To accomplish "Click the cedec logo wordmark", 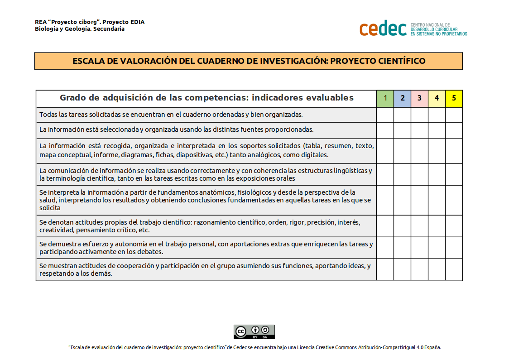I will (x=383, y=29).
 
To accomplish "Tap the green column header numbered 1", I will (x=385, y=98).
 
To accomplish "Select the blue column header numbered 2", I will (x=402, y=98).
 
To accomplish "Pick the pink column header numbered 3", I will (x=419, y=98).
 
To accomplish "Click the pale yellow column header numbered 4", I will (x=437, y=98).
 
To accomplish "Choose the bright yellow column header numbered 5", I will (x=454, y=98).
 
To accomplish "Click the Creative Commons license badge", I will (x=254, y=332).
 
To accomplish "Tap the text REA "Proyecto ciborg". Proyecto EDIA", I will (x=90, y=22).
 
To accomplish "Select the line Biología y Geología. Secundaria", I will (x=80, y=29).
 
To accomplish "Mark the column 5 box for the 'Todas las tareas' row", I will (x=454, y=115).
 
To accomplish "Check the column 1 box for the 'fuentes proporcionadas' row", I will (x=385, y=130).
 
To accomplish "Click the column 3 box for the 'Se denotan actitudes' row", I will (x=419, y=226).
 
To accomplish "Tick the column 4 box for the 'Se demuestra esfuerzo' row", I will (x=437, y=248).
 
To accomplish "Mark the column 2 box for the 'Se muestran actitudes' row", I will (x=402, y=269).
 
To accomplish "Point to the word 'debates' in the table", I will (x=151, y=252).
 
